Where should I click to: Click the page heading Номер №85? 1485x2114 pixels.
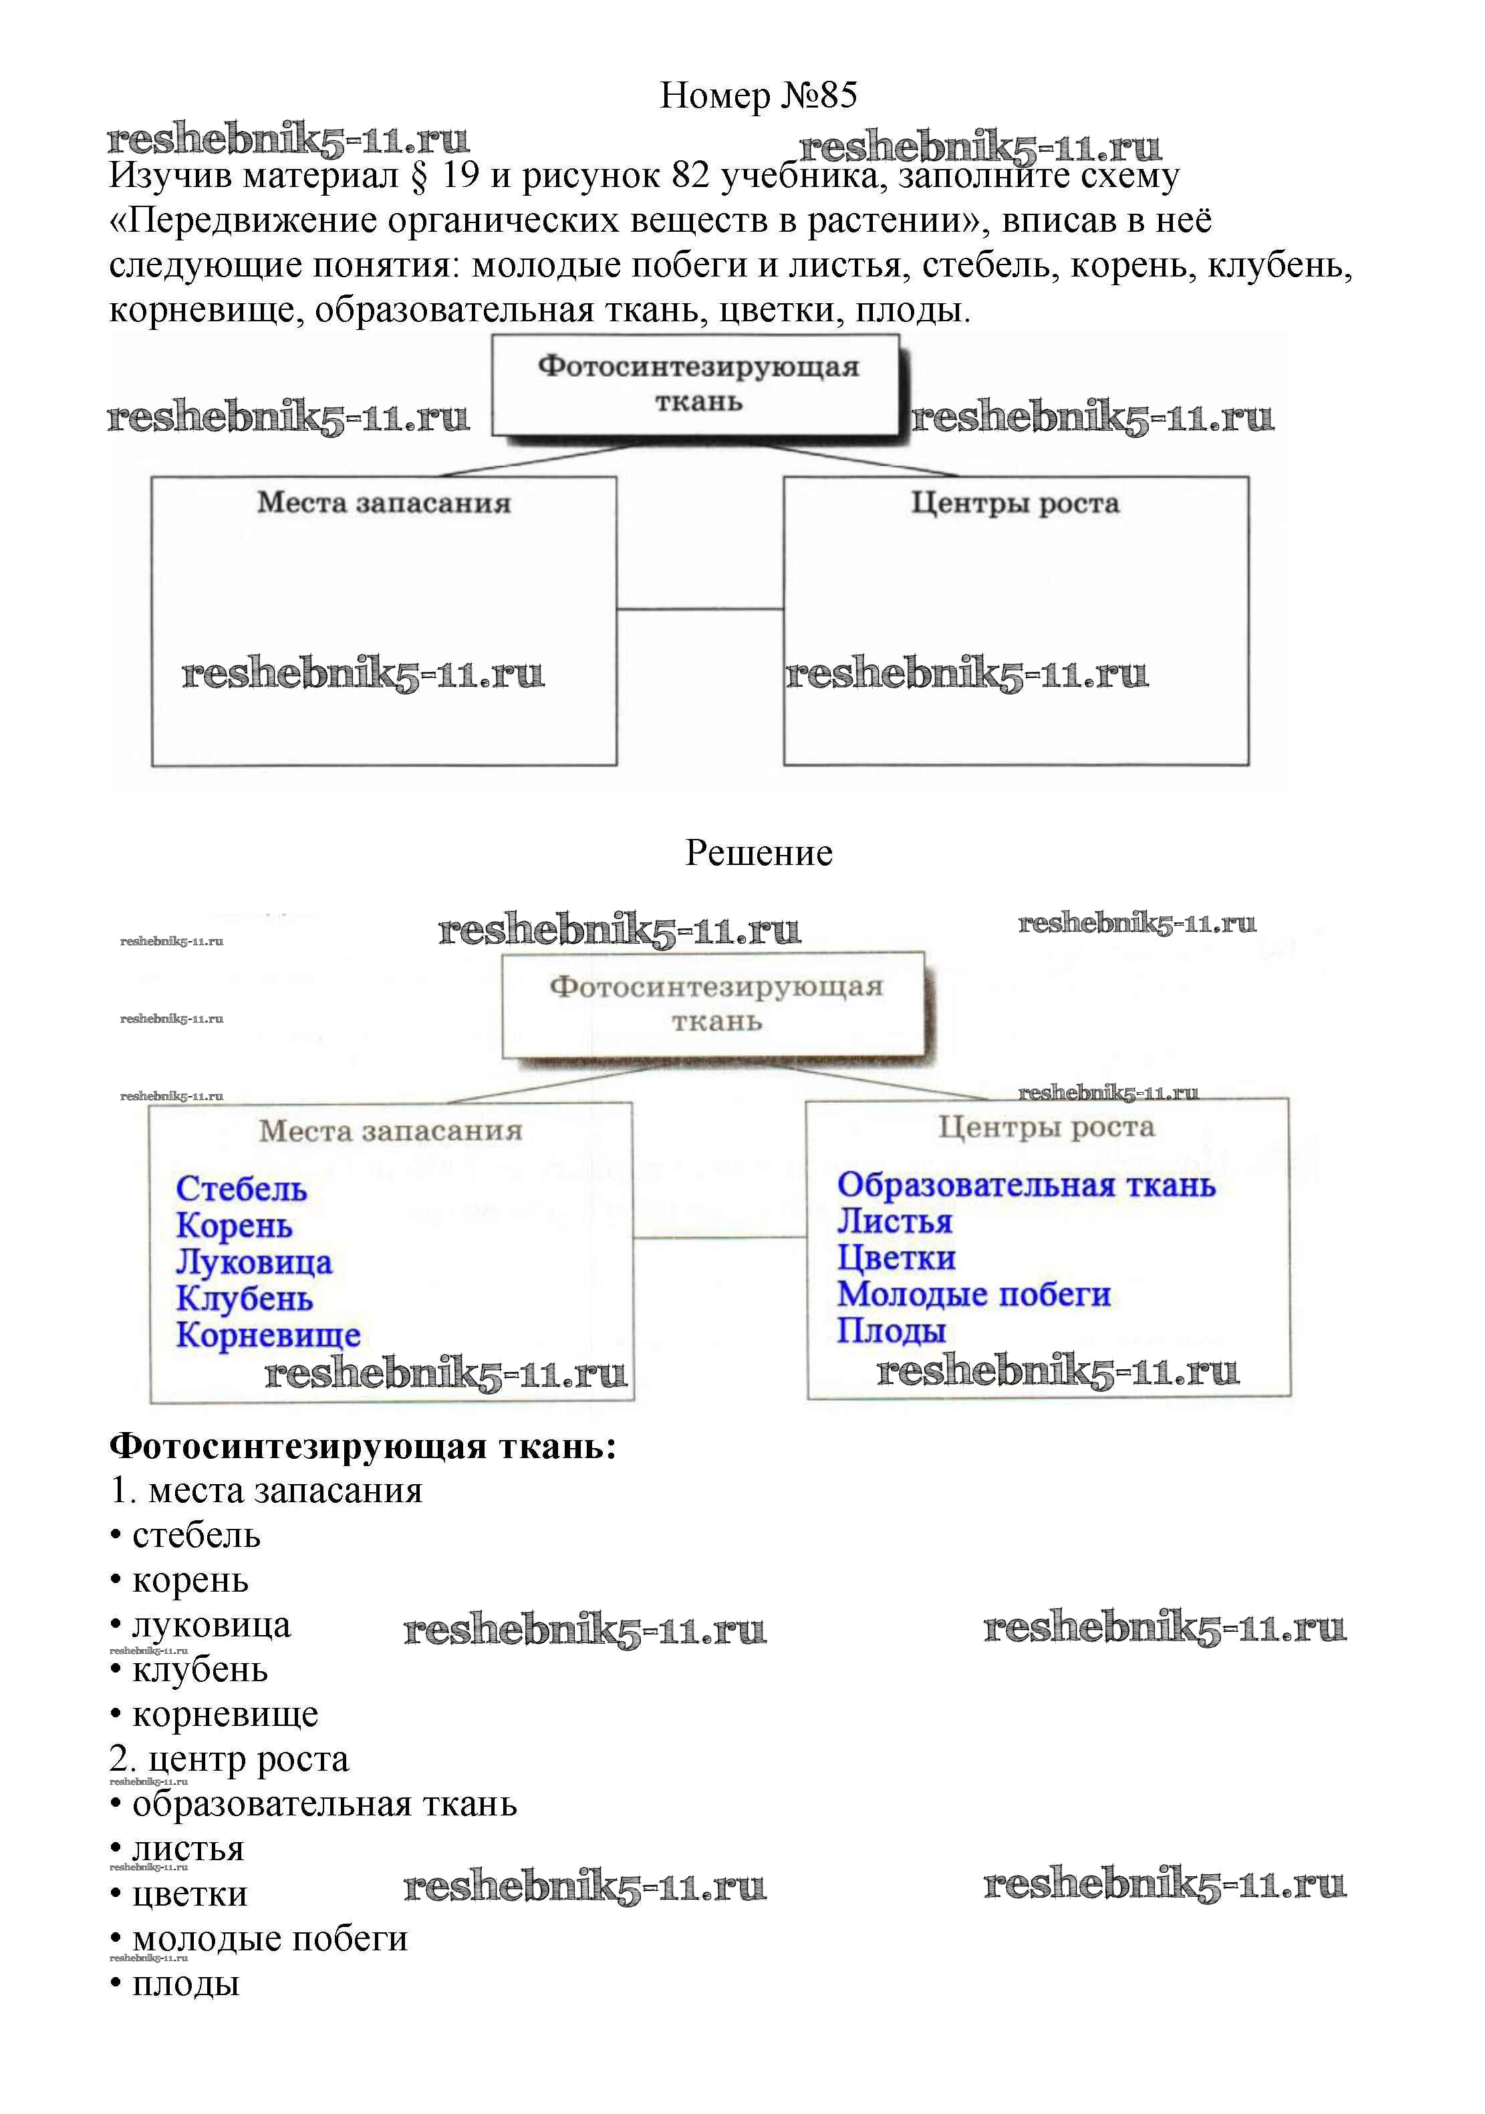757,95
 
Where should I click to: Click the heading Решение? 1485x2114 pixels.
758,852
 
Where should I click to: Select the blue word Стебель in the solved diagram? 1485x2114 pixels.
241,1189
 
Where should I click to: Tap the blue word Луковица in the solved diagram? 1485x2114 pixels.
254,1262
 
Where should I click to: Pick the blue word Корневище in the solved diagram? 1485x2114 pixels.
268,1334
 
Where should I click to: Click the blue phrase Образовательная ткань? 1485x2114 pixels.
1025,1185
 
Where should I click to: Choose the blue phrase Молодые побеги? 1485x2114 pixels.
973,1294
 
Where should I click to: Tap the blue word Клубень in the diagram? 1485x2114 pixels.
244,1298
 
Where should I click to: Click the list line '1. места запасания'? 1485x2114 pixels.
265,1491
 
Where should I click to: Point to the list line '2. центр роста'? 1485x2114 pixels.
229,1759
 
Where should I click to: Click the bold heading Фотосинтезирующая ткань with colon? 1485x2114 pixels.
363,1445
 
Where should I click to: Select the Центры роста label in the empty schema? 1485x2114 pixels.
1015,503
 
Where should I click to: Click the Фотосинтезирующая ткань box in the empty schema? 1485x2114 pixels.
697,385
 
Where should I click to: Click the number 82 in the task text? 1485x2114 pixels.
690,175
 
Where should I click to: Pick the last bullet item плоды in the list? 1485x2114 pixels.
185,1983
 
